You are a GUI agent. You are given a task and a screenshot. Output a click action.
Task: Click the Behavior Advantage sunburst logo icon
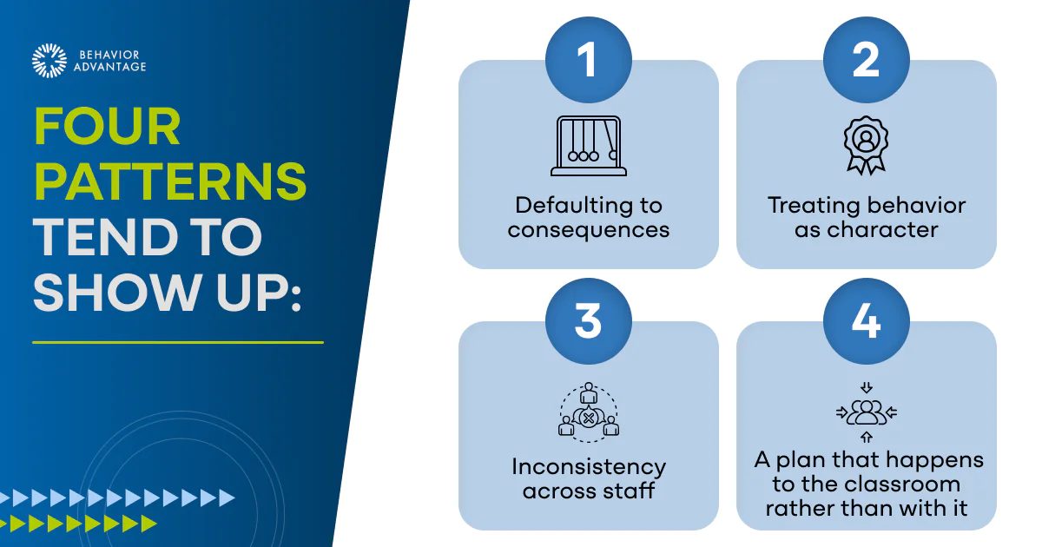[x=49, y=61]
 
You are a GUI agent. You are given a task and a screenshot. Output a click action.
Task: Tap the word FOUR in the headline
[x=107, y=127]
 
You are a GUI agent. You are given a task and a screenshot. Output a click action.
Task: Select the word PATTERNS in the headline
[x=170, y=181]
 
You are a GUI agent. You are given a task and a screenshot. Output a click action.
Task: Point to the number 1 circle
[x=589, y=60]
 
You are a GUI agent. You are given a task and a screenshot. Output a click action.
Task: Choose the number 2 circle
[x=867, y=60]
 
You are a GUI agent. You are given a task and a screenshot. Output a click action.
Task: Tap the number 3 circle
[x=589, y=321]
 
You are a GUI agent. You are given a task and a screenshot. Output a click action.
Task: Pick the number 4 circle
[x=867, y=321]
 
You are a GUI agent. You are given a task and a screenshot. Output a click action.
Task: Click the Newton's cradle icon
[x=589, y=146]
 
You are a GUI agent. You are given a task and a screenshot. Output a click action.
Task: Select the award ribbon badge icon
[x=867, y=145]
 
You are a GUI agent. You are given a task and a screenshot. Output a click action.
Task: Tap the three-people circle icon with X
[x=589, y=412]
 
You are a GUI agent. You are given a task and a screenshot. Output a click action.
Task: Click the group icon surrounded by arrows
[x=867, y=412]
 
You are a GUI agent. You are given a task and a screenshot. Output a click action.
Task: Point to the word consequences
[x=589, y=230]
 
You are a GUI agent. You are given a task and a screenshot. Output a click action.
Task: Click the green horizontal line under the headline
[x=178, y=342]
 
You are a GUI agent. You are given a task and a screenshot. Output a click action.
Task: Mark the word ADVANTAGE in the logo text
[x=109, y=67]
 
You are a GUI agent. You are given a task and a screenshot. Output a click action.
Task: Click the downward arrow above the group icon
[x=867, y=387]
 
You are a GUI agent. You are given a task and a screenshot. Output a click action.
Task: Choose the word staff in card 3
[x=629, y=491]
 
